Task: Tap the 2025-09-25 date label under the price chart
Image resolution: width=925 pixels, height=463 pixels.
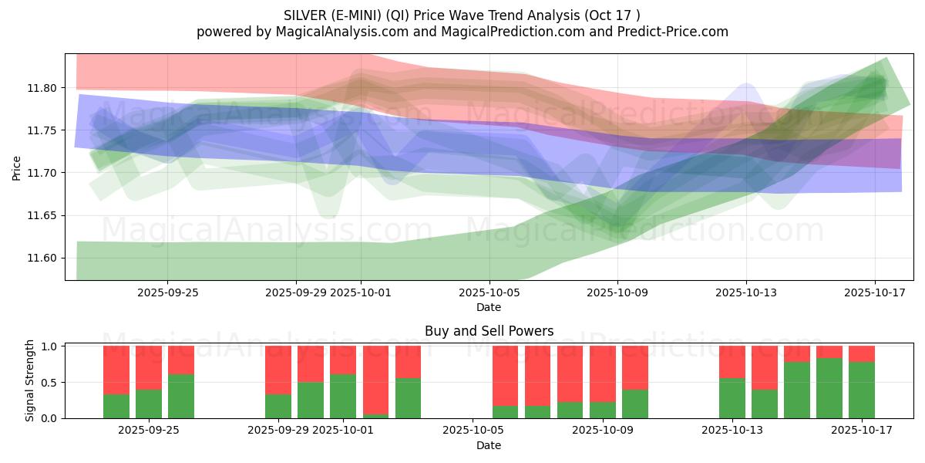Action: (167, 292)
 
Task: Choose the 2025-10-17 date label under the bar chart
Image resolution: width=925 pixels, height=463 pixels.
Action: (861, 430)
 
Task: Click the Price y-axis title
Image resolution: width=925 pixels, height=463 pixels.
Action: (17, 167)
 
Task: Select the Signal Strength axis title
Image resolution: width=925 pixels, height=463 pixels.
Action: (29, 381)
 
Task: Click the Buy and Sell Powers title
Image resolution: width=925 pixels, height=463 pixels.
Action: (489, 331)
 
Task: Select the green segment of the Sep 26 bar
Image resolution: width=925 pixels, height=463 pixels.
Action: (181, 396)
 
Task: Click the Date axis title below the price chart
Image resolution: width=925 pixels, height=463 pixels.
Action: (489, 307)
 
